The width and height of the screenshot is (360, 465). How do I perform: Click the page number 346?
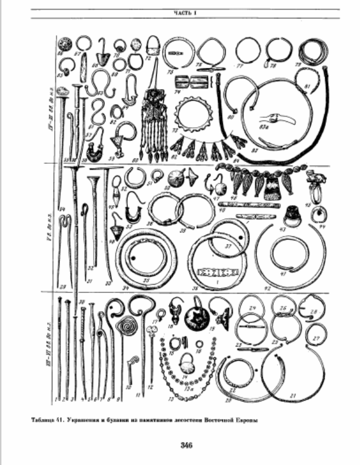(x=179, y=445)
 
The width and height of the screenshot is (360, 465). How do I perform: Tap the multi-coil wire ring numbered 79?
(x=312, y=54)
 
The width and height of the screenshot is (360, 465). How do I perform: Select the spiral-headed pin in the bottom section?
(x=126, y=327)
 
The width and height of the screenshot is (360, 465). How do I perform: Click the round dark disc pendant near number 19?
(x=193, y=319)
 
